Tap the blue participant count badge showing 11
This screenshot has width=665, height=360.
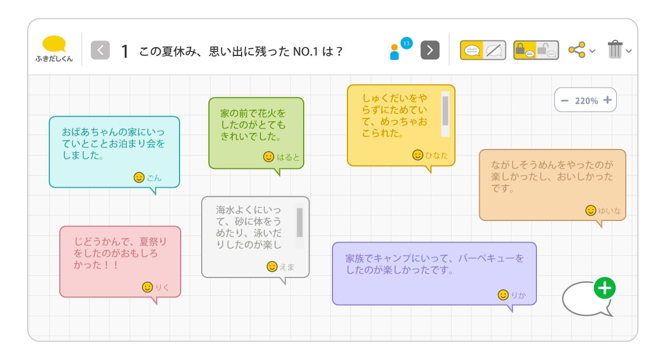click(407, 43)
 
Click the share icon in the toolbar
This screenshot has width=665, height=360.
click(577, 50)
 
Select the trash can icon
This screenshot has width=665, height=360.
click(615, 50)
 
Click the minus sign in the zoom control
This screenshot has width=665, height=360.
click(565, 100)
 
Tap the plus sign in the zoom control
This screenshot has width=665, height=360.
click(607, 100)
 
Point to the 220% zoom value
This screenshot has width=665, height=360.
click(586, 101)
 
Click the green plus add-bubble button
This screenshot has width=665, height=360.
click(605, 289)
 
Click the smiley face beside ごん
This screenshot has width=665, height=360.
click(139, 177)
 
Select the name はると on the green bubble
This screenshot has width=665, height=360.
click(288, 157)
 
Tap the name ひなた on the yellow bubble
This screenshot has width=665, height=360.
click(437, 156)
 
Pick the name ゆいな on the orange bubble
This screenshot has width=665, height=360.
click(610, 211)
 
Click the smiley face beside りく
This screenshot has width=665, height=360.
click(147, 287)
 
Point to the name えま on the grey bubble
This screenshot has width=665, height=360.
click(287, 267)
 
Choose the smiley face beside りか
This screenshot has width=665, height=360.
click(503, 295)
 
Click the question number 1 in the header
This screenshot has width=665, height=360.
click(125, 52)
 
